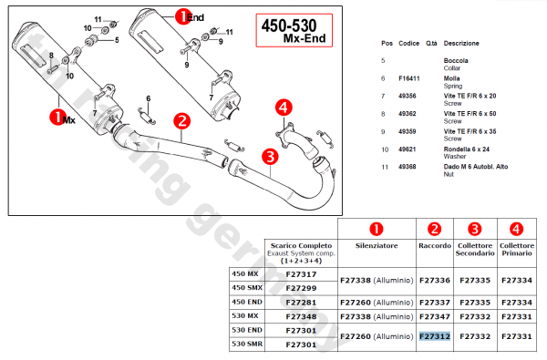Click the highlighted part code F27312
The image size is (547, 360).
[x=435, y=336]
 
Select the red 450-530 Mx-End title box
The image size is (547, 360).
[x=294, y=30]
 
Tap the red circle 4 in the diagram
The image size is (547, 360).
[x=284, y=108]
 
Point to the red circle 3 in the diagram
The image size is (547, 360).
[x=270, y=157]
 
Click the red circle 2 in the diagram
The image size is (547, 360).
[x=181, y=121]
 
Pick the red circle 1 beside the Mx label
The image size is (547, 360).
[x=57, y=118]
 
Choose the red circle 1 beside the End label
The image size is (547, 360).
[x=182, y=16]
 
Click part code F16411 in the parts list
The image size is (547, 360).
[x=408, y=78]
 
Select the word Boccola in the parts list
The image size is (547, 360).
[x=456, y=61]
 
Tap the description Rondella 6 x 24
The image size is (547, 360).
[x=467, y=149]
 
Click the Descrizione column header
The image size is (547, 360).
[x=461, y=43]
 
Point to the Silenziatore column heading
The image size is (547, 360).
[x=377, y=245]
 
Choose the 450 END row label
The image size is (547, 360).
[x=247, y=302]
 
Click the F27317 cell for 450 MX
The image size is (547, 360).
[x=301, y=274]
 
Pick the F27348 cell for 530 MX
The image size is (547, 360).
[x=301, y=316]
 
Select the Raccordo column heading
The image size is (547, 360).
[x=435, y=245]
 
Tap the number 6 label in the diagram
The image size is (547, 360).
[x=149, y=98]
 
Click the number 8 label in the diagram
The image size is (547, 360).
[x=51, y=56]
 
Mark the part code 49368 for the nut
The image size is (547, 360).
[x=408, y=167]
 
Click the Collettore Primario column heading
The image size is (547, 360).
[x=517, y=250]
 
